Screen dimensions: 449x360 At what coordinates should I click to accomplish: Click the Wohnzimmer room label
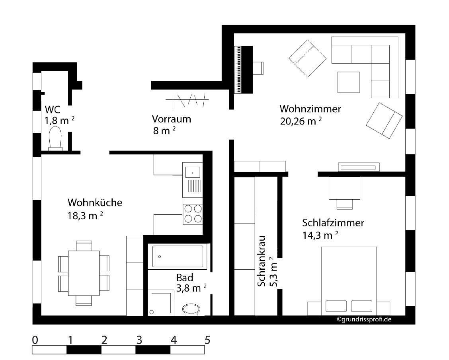coord(310,109)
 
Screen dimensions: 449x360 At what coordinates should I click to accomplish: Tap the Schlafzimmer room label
coord(333,223)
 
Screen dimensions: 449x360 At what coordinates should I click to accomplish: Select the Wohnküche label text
coord(95,202)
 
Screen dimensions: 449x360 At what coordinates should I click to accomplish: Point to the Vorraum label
coord(172,119)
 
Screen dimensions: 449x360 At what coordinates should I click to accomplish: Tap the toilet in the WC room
coord(55,138)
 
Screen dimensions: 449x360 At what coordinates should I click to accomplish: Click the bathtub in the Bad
coord(178,257)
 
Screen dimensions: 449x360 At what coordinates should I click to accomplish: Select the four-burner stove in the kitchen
coord(193,214)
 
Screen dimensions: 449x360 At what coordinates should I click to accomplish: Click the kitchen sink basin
coord(192,172)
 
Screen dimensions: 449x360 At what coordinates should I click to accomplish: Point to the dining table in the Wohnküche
coord(84,273)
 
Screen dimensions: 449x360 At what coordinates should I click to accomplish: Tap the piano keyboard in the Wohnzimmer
coord(238,70)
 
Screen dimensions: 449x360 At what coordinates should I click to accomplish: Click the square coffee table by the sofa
coord(348,82)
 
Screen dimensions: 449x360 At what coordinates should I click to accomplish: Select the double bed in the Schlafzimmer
coord(349,281)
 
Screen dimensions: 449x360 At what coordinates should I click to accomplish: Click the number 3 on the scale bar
coord(139,340)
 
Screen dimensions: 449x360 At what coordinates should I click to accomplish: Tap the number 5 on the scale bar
coord(208,340)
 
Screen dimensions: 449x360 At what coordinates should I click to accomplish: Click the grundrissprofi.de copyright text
coord(364,319)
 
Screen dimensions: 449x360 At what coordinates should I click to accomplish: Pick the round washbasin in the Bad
coord(191,309)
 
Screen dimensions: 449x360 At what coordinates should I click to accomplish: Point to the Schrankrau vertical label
coord(262,261)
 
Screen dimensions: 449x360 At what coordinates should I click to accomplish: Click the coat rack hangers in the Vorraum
coord(187,99)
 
